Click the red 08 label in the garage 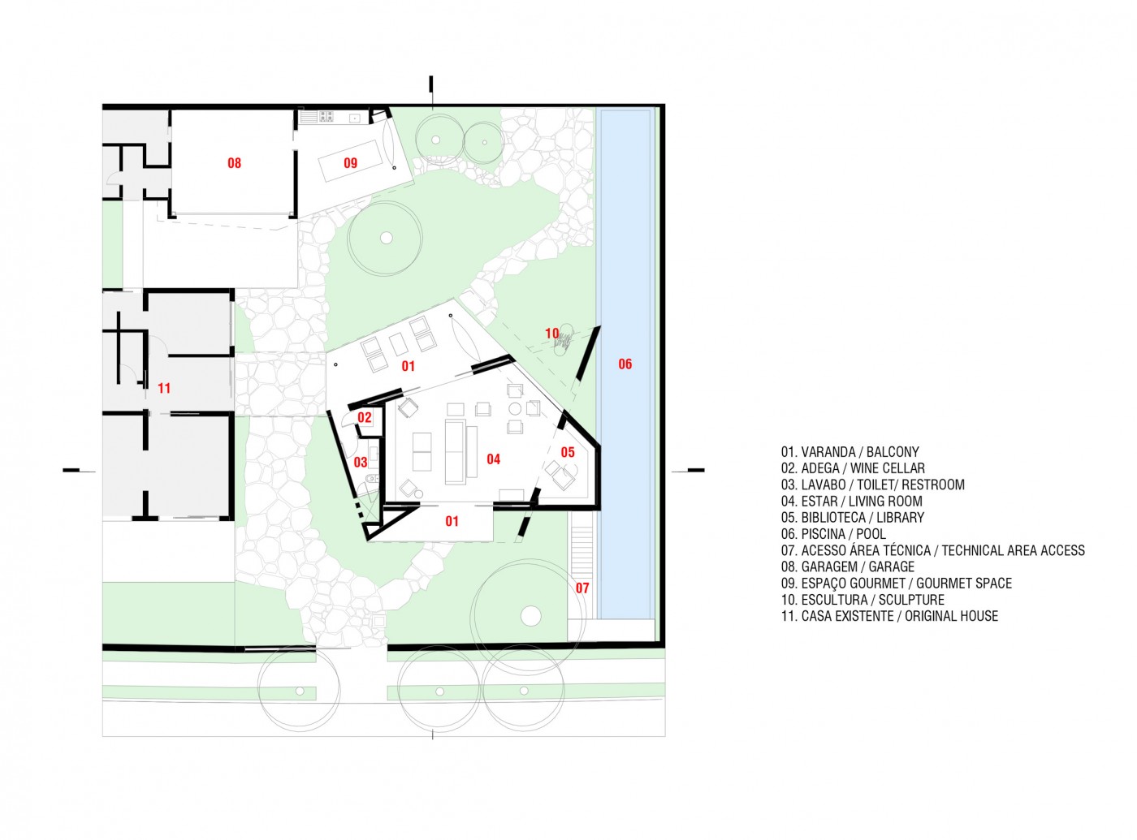234,163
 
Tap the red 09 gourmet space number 351,163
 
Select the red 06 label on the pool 625,364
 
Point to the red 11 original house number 164,388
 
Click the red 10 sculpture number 551,333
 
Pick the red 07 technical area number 582,588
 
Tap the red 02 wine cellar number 365,417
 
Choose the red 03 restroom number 361,462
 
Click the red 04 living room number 494,459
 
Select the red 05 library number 568,452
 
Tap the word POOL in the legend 871,534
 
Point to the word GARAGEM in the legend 826,566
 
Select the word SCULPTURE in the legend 911,600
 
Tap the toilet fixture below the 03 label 370,479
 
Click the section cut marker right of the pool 688,471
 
